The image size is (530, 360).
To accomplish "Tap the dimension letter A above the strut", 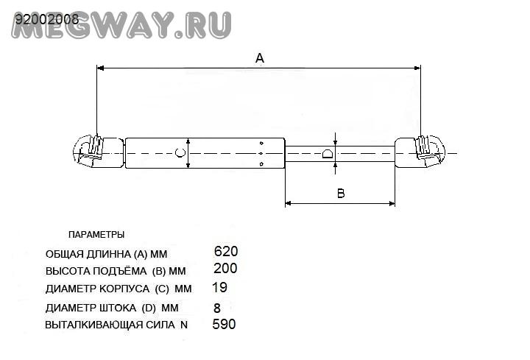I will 259,58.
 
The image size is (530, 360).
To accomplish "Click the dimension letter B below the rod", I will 341,194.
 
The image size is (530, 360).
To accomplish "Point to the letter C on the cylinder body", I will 179,153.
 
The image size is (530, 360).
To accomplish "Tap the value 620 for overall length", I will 225,252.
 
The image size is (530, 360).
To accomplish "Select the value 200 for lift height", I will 225,269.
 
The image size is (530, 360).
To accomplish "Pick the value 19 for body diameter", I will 219,287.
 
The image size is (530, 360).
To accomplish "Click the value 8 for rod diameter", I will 216,308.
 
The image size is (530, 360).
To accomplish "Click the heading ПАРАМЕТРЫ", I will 96,235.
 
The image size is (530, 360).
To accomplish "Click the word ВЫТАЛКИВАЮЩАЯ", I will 92,325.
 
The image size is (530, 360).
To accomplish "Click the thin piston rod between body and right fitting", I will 361,153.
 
